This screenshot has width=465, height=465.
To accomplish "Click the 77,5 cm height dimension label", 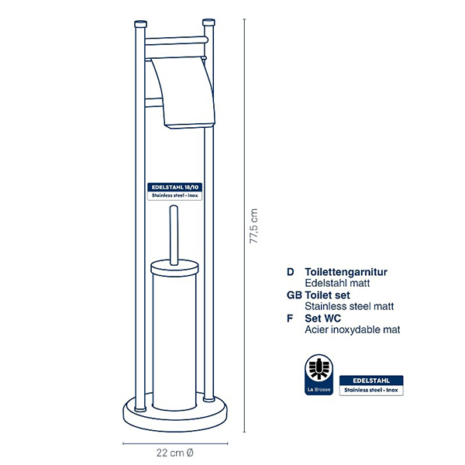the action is [253, 226].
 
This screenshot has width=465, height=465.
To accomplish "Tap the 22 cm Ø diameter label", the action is [175, 453].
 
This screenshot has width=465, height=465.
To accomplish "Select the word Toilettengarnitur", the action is [346, 272].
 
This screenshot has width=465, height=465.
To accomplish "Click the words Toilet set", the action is [327, 295].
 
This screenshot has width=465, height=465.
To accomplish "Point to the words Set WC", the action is [322, 319].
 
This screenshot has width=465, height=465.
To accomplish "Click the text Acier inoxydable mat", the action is [353, 329].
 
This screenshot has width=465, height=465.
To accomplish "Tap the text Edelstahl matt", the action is [337, 283].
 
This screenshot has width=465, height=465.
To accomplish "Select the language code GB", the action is [294, 295].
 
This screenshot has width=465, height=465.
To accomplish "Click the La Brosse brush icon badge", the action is [319, 374].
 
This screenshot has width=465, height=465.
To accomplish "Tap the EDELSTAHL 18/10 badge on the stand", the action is [174, 191].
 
